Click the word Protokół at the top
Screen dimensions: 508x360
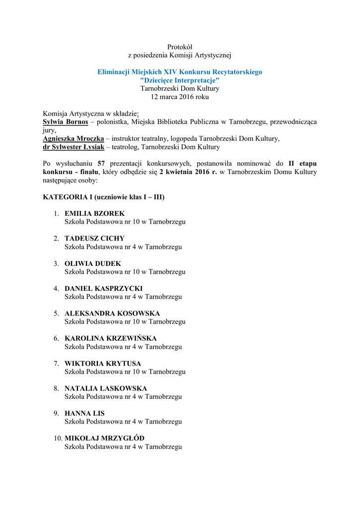coord(180,47)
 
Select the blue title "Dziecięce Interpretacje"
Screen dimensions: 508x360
coord(180,80)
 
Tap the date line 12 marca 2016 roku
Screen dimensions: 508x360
coord(180,97)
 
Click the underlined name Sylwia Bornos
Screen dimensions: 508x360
coord(66,122)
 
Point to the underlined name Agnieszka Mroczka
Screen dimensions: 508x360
coord(73,139)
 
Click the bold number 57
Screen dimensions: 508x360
coord(101,164)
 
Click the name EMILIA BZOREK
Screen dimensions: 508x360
coord(94,214)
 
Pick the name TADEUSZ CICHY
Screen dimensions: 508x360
coord(94,239)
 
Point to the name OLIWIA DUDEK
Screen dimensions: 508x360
coord(93,264)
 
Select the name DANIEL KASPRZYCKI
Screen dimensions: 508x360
coord(104,289)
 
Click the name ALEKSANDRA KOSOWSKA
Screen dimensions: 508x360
coord(112,314)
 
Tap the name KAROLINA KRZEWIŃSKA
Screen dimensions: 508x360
coord(110,339)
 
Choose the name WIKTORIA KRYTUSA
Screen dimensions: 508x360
coord(103,364)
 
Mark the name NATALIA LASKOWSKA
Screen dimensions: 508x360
coord(106,388)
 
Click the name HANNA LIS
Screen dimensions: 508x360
coord(84,414)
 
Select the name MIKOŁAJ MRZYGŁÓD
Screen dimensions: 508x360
coord(104,439)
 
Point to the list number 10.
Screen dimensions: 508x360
coord(57,439)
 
